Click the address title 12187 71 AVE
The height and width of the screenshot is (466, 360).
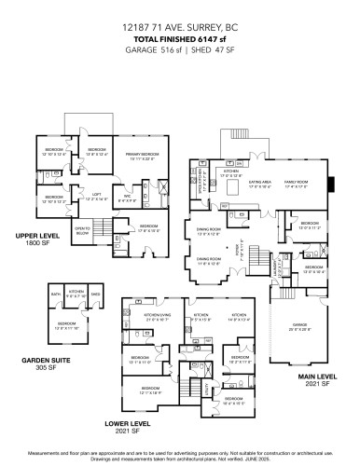coord(180,29)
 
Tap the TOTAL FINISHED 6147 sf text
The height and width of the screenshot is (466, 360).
coord(180,40)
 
